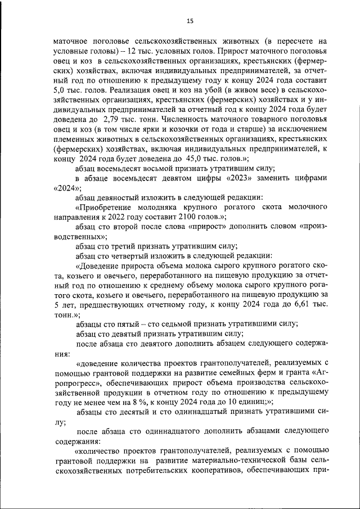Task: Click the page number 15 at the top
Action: click(x=190, y=21)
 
